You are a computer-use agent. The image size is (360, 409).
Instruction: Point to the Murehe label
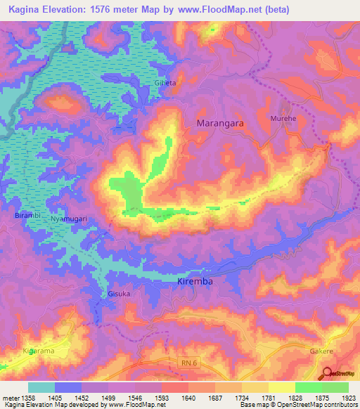click(x=283, y=119)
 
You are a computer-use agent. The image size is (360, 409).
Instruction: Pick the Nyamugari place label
click(x=69, y=219)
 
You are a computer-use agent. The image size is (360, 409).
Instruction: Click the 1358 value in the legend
click(x=28, y=397)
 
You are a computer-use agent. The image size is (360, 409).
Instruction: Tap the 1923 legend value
click(x=348, y=397)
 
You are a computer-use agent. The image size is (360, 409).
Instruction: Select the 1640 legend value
click(x=188, y=397)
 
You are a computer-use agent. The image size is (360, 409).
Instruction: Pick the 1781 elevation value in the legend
click(x=269, y=397)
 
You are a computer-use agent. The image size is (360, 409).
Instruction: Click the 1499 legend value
click(x=108, y=397)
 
